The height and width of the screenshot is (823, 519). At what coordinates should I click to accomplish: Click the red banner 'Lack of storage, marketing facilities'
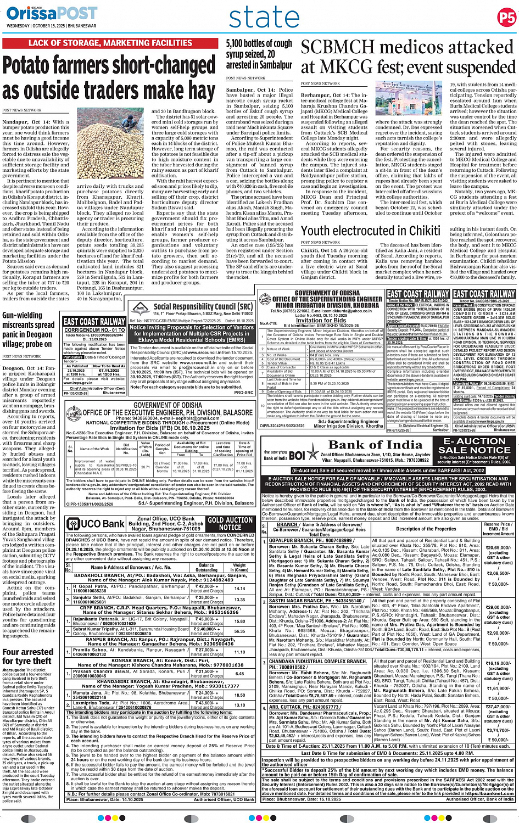click(x=110, y=43)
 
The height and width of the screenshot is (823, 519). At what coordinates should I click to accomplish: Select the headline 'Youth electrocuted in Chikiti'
click(x=371, y=231)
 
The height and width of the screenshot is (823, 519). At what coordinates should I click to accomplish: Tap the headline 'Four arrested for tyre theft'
click(x=27, y=656)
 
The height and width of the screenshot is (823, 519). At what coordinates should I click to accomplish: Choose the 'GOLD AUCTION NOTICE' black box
click(x=230, y=523)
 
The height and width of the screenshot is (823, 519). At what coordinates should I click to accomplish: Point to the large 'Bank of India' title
click(x=376, y=444)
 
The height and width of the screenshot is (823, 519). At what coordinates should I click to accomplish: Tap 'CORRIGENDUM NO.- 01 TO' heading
click(x=94, y=330)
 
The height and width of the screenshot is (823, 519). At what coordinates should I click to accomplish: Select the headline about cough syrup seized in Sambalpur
click(x=259, y=54)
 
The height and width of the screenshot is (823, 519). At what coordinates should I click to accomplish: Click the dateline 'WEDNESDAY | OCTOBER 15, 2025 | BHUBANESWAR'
click(x=52, y=26)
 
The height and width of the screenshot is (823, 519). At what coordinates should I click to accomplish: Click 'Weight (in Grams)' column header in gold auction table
click(x=239, y=567)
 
